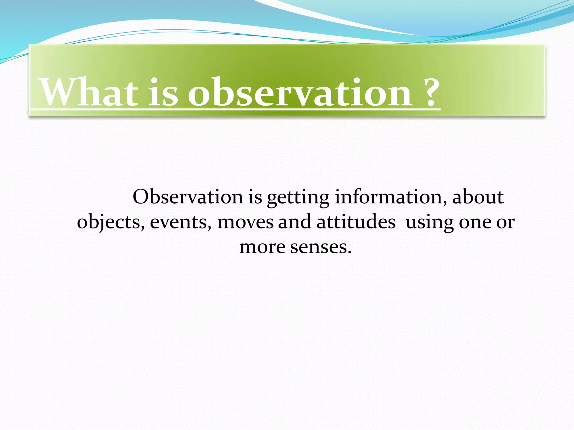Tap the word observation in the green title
tap(300, 92)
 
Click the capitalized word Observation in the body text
tap(188, 197)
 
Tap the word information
tap(391, 197)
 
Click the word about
tap(478, 197)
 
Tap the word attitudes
tap(356, 222)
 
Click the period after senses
tap(349, 252)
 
